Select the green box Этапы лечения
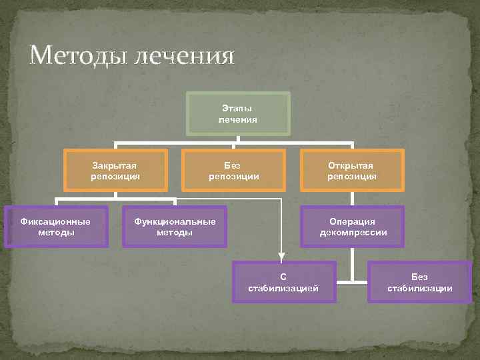tap(238, 113)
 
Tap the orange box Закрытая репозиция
tap(115, 171)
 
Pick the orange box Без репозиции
tap(233, 171)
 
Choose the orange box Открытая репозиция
tap(352, 171)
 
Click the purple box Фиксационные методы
tap(56, 227)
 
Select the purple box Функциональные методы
tap(175, 227)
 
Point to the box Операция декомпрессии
tap(352, 227)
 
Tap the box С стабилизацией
tap(283, 282)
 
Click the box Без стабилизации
tap(419, 282)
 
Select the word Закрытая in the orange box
tap(115, 165)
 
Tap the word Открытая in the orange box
tap(352, 165)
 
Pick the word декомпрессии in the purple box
tap(352, 233)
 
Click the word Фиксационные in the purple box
tap(56, 221)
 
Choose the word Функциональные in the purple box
tap(175, 221)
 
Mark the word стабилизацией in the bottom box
tap(283, 288)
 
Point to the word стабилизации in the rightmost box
tap(419, 288)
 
